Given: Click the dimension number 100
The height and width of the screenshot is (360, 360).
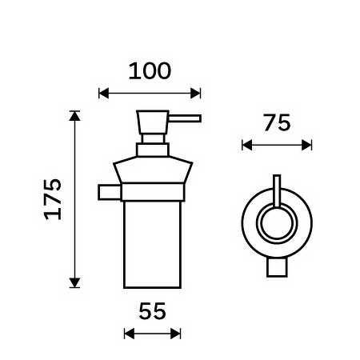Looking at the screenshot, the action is (150, 71).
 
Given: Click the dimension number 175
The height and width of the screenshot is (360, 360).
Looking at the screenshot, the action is (53, 199).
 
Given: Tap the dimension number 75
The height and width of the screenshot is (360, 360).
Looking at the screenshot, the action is (277, 122).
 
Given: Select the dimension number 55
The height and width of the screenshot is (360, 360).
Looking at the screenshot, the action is (152, 311).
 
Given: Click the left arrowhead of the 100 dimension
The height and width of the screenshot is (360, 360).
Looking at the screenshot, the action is (104, 94).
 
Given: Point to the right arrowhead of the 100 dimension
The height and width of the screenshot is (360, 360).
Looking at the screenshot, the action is (195, 94).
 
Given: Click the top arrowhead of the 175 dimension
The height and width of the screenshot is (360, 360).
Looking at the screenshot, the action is (74, 116).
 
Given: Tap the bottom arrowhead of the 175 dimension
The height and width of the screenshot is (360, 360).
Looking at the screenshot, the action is (74, 282).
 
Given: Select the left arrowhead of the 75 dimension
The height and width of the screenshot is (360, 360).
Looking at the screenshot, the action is (247, 146).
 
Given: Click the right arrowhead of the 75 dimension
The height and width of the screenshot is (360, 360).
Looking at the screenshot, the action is (306, 146).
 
